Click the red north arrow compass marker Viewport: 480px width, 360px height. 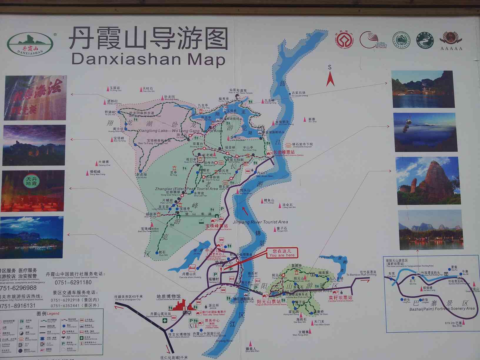(x=330, y=79)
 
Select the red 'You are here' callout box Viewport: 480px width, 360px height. (x=281, y=253)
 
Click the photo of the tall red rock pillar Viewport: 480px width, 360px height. (x=428, y=181)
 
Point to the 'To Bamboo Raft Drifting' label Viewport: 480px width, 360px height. (x=361, y=275)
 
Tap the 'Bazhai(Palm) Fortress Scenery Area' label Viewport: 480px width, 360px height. (x=442, y=309)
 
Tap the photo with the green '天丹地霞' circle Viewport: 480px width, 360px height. (x=33, y=191)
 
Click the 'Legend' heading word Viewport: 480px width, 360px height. (x=53, y=314)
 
